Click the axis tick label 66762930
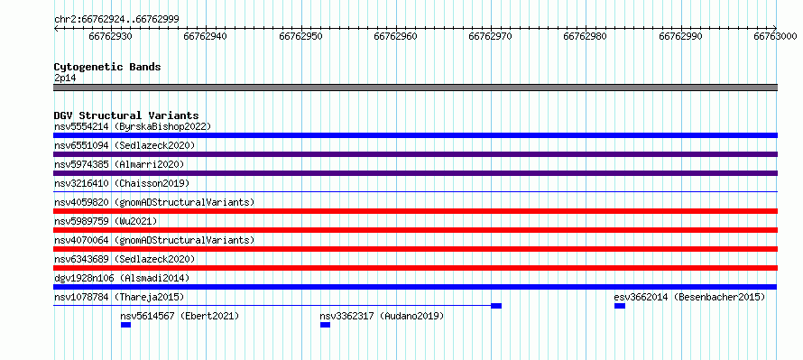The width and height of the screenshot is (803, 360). tap(111, 36)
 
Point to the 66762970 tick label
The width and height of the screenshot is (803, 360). tap(491, 36)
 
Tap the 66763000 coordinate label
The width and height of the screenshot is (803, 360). tap(775, 36)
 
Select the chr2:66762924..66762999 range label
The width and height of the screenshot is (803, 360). tap(116, 20)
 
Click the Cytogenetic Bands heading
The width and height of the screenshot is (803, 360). tap(107, 67)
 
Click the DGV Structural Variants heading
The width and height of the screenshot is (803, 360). tap(126, 115)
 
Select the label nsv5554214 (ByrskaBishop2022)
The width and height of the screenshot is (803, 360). tap(133, 126)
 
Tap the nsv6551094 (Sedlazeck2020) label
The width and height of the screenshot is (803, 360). tap(125, 145)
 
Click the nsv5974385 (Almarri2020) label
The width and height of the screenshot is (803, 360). tap(119, 164)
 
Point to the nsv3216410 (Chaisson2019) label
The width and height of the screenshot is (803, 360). tap(122, 183)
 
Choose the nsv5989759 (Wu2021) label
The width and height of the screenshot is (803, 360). tap(106, 221)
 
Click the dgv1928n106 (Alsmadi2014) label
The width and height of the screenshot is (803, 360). tap(122, 278)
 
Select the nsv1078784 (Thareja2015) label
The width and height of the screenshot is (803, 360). tap(119, 297)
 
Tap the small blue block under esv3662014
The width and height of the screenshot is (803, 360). tap(620, 306)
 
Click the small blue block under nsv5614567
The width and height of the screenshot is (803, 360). tap(126, 325)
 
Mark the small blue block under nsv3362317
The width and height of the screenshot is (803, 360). tap(325, 325)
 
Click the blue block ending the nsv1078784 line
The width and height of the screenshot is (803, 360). tap(496, 306)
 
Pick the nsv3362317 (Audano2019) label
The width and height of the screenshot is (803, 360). tap(382, 316)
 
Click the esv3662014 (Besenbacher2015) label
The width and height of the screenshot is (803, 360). tap(689, 297)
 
